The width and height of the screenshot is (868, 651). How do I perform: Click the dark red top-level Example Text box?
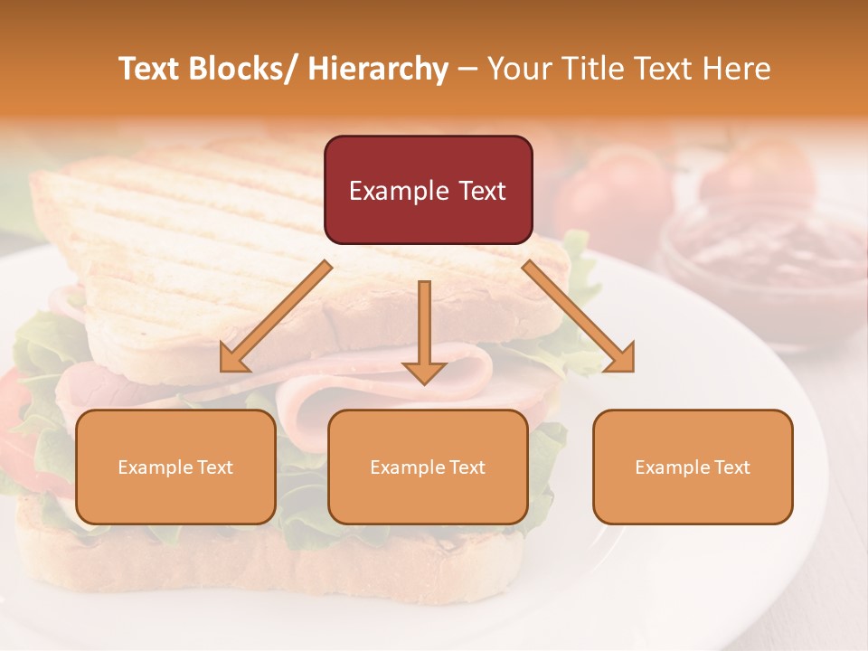pos(428,190)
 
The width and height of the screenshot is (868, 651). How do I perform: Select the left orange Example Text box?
pos(175,467)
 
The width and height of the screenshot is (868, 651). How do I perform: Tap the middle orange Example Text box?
pos(428,467)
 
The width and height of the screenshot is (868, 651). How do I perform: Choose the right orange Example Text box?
pos(693,467)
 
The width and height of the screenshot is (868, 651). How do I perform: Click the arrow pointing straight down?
pos(424,330)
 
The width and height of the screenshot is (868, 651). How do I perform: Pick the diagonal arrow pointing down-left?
pos(276,316)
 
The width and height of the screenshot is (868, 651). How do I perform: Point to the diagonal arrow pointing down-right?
pos(579,316)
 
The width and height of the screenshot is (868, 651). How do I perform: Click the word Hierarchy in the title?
pos(378,69)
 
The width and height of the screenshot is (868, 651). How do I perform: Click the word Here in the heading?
pos(737,69)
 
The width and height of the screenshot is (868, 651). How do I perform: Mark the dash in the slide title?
pos(467,69)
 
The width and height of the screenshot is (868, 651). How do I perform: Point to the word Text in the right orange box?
pos(731,467)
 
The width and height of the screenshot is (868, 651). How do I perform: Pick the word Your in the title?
pos(517,69)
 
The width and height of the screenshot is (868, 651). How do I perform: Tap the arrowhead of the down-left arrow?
pos(232,361)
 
